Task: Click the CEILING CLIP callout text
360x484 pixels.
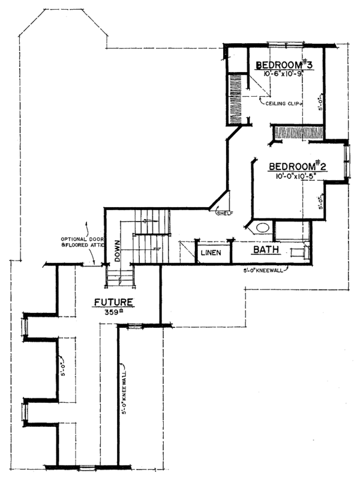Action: coord(281,103)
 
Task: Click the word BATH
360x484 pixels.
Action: coord(265,250)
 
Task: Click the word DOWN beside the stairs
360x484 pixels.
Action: coord(117,247)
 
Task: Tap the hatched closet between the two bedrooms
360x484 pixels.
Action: coord(298,132)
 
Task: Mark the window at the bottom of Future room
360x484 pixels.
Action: coord(87,467)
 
